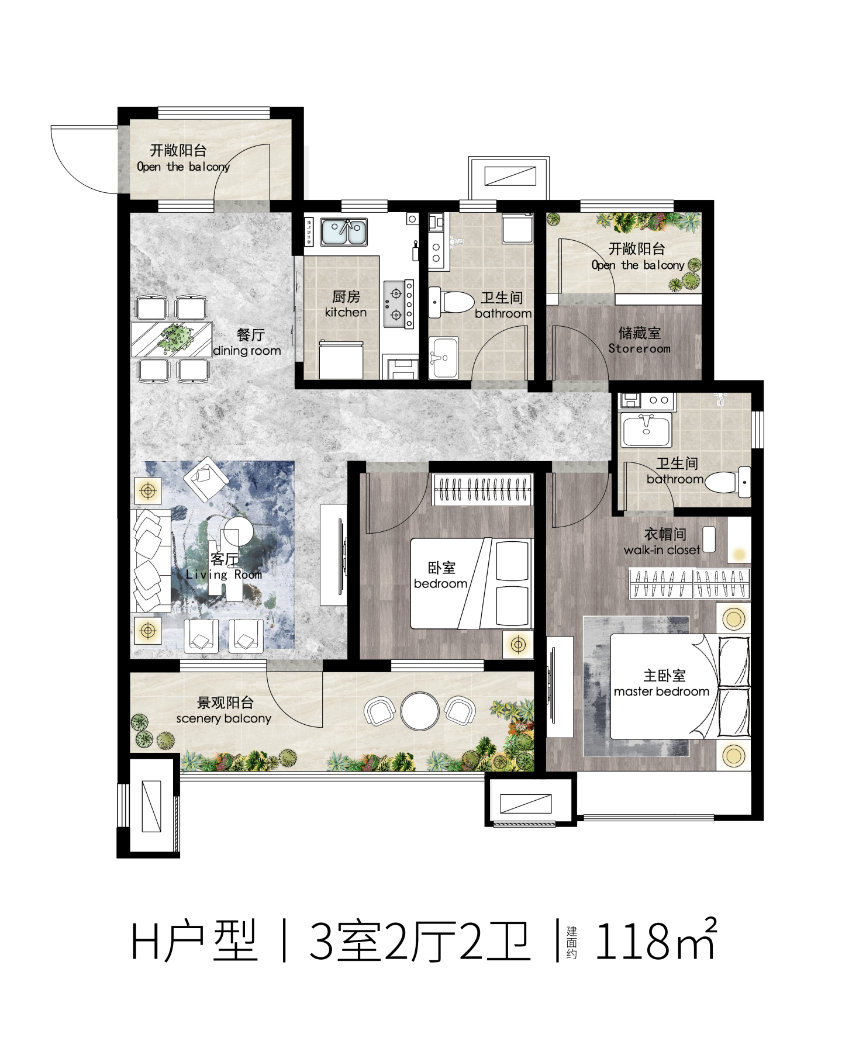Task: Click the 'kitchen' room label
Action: click(346, 313)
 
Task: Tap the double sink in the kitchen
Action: click(344, 232)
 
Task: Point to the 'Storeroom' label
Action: click(639, 349)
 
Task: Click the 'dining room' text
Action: click(247, 351)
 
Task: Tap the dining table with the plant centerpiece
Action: click(171, 339)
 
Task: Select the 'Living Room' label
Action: click(224, 575)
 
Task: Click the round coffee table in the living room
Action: click(239, 532)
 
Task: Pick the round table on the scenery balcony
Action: click(420, 711)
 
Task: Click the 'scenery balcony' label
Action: click(224, 718)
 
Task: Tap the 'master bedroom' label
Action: click(661, 691)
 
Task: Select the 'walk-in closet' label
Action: click(662, 550)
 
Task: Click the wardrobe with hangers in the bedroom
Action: click(482, 489)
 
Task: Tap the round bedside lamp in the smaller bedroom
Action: click(518, 645)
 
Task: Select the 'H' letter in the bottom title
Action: click(144, 942)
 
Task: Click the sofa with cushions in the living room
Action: click(150, 561)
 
